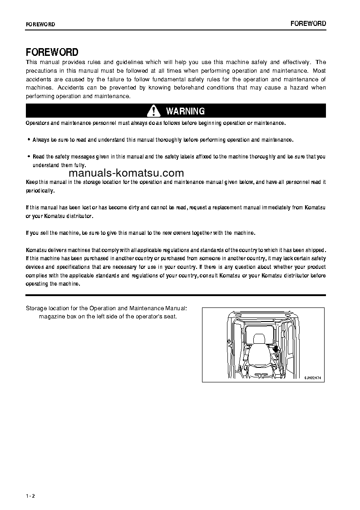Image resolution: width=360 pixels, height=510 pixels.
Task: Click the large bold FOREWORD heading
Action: click(52, 52)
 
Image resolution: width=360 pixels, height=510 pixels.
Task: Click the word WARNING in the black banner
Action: click(185, 111)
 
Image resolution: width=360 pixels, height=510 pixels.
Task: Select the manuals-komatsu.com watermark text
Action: click(127, 173)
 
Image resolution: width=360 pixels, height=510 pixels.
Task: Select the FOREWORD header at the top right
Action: click(308, 24)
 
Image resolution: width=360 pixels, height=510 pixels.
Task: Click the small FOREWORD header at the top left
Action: click(40, 25)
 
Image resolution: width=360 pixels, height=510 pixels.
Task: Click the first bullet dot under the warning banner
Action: click(29, 140)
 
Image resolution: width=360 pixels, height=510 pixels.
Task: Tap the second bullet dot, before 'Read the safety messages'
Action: click(29, 156)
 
